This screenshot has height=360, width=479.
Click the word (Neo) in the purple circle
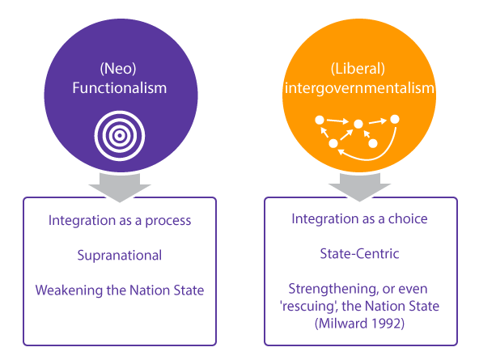click(x=118, y=69)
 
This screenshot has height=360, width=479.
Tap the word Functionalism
click(x=120, y=88)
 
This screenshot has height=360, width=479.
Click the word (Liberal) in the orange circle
click(x=358, y=69)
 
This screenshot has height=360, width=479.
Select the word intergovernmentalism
click(x=359, y=88)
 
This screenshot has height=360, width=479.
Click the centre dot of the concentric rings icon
click(x=120, y=136)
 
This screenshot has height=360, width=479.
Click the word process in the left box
click(x=168, y=221)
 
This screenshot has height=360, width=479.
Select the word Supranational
click(x=120, y=256)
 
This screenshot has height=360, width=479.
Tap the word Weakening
click(x=69, y=290)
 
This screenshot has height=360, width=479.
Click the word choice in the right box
click(x=408, y=218)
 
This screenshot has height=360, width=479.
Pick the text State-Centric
click(x=359, y=253)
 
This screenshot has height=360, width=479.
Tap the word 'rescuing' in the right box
click(x=309, y=307)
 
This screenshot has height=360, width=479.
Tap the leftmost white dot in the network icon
click(x=320, y=120)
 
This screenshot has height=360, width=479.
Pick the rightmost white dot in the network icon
click(x=395, y=119)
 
